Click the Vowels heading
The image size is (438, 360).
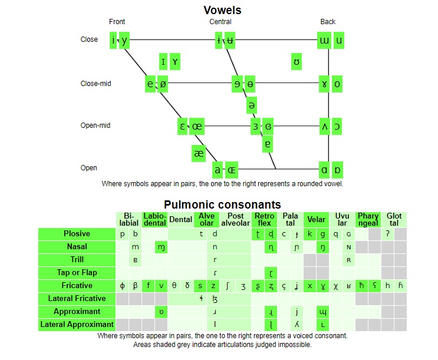tap(222, 10)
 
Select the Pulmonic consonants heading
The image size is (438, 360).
tap(222, 204)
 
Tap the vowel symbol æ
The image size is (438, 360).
tap(199, 153)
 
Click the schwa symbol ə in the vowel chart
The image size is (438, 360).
tap(252, 105)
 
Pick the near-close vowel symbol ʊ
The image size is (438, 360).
tap(297, 61)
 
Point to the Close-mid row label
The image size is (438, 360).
tap(95, 84)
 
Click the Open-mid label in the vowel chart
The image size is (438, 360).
tap(95, 125)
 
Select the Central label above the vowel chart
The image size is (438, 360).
tap(220, 22)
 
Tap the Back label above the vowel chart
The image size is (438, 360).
tap(328, 22)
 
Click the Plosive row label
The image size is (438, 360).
tap(77, 234)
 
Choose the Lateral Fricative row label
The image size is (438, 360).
tap(77, 299)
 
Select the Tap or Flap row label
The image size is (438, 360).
tap(77, 273)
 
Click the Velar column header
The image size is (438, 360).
tap(317, 220)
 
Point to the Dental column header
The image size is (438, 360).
tap(180, 220)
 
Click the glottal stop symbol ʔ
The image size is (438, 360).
tap(387, 234)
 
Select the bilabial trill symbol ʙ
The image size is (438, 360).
tap(136, 260)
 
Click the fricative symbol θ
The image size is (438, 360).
tap(174, 286)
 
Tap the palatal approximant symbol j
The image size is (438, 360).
tap(297, 312)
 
